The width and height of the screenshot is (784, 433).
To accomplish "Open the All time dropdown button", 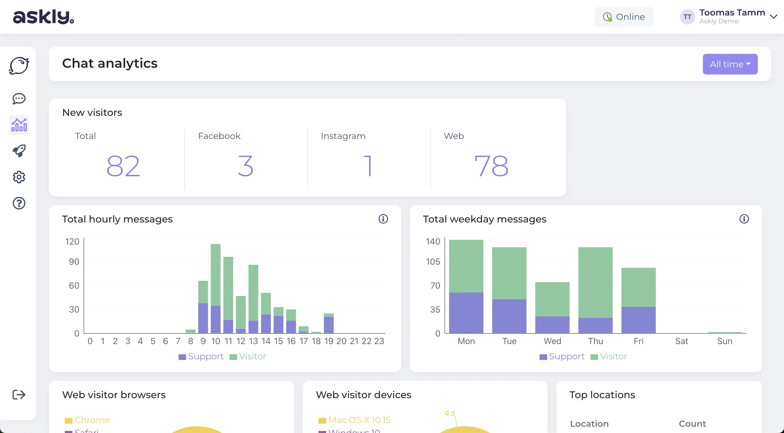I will pos(730,64).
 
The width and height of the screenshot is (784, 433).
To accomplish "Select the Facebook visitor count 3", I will pos(245,166).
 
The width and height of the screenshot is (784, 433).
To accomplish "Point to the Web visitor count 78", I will pos(491,166).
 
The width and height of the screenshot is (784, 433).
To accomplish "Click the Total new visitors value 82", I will pos(123,166).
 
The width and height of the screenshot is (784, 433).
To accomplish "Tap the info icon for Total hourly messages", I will pos(383,219).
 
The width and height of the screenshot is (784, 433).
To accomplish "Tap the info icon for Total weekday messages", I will pos(744,219).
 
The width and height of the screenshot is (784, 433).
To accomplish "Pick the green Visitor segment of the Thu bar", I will pos(595,282).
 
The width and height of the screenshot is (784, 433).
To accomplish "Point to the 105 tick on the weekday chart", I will pos(433,262).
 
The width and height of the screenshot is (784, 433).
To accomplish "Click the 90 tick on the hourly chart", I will pos(74,262).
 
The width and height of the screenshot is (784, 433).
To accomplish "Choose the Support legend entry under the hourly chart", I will pos(201,356).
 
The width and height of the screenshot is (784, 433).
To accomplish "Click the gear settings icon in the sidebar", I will pos(19,177).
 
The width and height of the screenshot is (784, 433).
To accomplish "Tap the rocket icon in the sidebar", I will pos(19,151).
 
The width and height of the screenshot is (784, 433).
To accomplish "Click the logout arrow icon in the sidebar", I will pos(19,394).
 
